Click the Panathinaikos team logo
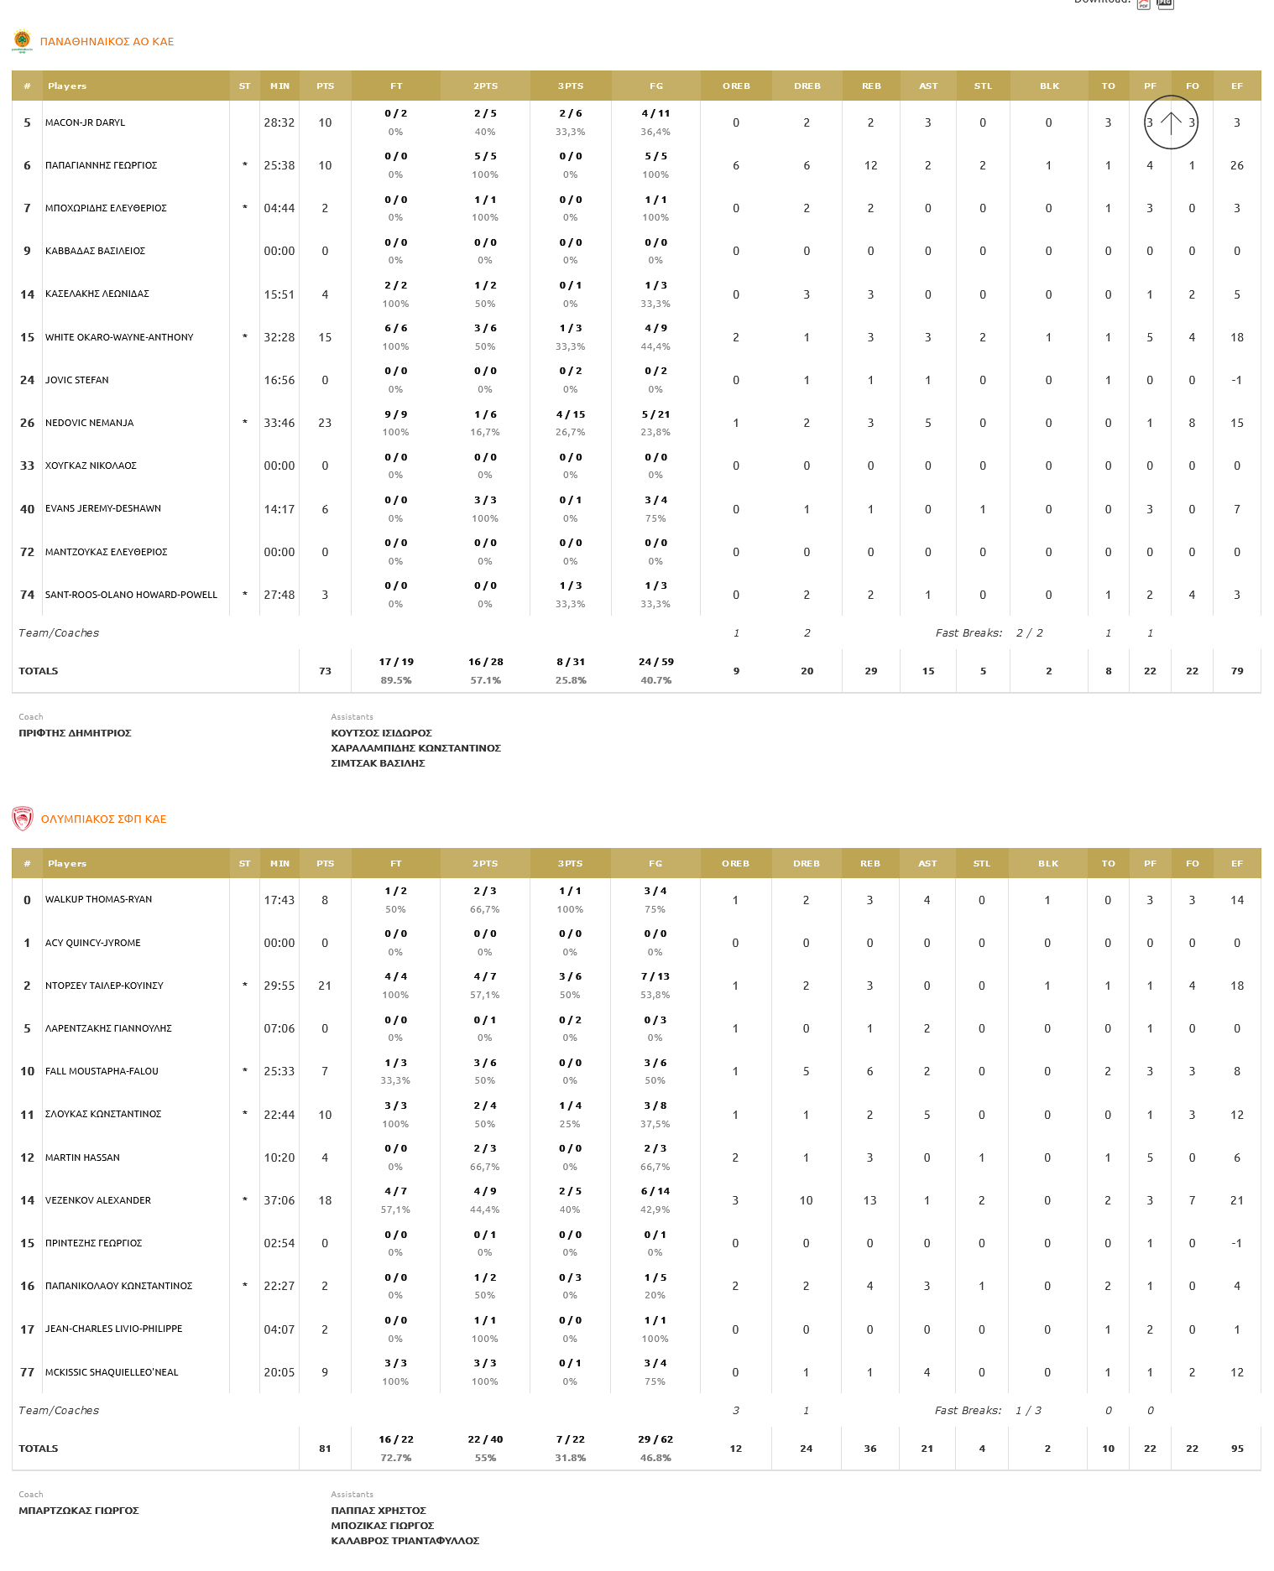pos(22,41)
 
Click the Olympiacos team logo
pos(23,819)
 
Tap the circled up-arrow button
pos(1171,122)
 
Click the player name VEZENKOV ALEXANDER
pos(97,1200)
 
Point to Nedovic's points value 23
pos(325,423)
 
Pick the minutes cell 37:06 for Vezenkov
pos(279,1200)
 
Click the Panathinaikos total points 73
pos(325,671)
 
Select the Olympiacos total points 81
pos(325,1449)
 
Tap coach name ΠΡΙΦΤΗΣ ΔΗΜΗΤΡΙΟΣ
pos(75,733)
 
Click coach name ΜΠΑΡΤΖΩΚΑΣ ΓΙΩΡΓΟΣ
pos(79,1511)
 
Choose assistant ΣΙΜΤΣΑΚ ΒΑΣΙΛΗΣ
pos(378,763)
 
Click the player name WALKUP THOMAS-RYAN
pos(98,899)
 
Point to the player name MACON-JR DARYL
pos(85,122)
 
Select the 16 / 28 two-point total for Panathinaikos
pos(485,662)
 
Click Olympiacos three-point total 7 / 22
pos(570,1439)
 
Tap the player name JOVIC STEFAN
pos(76,380)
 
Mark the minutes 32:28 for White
pos(279,337)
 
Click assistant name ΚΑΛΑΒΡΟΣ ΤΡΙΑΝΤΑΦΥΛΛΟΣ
pos(405,1541)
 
